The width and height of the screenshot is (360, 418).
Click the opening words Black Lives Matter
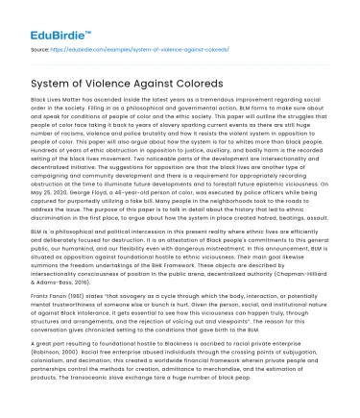pyautogui.click(x=55, y=100)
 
